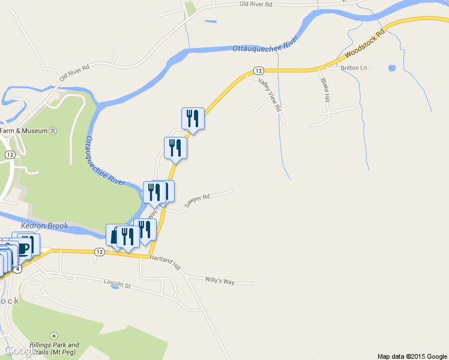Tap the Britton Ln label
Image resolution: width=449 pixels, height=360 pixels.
pos(353,68)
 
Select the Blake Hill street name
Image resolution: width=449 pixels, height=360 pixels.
pos(325,89)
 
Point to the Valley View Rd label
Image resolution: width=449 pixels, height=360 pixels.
pos(270,95)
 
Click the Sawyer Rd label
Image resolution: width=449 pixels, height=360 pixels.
pos(197,200)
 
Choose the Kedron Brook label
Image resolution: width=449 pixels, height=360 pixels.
pos(45,226)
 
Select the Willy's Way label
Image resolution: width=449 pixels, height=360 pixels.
pos(220,280)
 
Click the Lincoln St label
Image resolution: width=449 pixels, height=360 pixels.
pos(117,283)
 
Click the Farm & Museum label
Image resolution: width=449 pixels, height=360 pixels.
pos(23,131)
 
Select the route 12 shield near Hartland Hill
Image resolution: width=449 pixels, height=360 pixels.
pos(100,252)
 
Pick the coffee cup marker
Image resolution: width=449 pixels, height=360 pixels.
pos(23,247)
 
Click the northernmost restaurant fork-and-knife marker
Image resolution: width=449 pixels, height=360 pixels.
pos(193,118)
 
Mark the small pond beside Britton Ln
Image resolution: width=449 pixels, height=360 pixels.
pos(392,68)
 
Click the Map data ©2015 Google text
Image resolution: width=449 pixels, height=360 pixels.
pos(412,356)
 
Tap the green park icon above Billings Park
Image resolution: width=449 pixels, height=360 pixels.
pos(55,335)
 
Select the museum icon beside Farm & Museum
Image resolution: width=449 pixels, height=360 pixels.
pos(53,131)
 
